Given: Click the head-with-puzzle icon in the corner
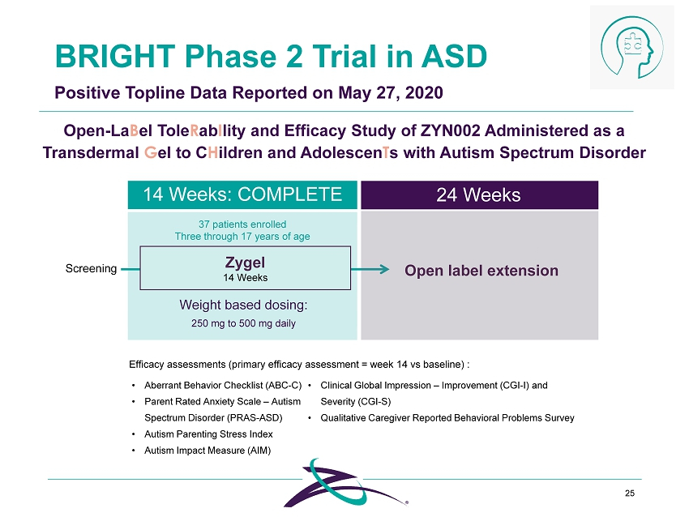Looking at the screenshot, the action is tap(632, 48).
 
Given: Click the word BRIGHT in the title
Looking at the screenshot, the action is tap(115, 56).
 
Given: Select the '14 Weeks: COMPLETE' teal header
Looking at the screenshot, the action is tap(242, 194).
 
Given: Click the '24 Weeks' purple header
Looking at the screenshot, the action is tap(479, 194).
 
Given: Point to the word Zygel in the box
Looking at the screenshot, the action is tap(245, 263).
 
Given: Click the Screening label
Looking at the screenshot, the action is tap(91, 268).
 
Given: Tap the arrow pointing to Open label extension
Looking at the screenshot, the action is tap(370, 269).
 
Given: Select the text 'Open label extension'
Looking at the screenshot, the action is tap(481, 270).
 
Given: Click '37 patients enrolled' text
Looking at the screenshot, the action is tap(242, 224).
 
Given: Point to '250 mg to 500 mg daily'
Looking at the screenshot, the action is tap(243, 323).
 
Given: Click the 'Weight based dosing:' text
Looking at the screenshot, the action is tap(243, 305).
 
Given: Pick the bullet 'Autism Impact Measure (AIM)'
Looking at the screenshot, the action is tap(208, 451).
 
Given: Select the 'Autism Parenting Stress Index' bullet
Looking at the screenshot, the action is tap(208, 434).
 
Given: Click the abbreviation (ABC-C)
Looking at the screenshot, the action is tap(284, 385).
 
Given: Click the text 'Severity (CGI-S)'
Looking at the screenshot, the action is tap(356, 401).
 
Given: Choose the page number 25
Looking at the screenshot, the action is tap(630, 493).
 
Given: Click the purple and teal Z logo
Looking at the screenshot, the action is tap(345, 483).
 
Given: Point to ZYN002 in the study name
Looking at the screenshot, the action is tap(450, 131).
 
